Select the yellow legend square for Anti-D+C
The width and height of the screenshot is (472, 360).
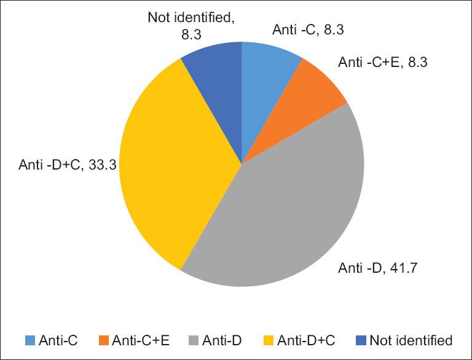tap(267, 340)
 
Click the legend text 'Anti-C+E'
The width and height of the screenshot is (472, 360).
tap(136, 340)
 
